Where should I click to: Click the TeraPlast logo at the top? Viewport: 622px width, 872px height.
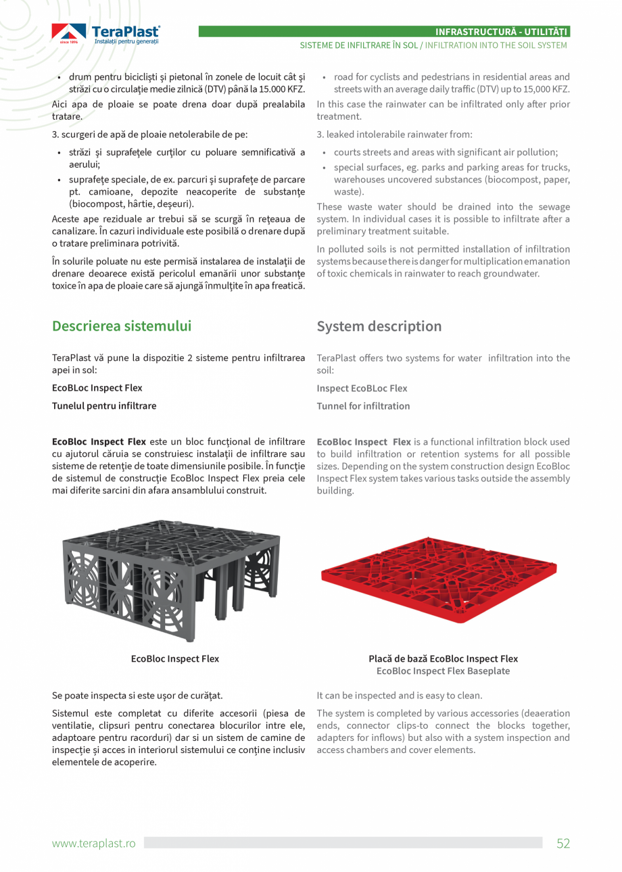105,34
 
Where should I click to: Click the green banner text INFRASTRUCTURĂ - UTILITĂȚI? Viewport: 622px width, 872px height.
501,32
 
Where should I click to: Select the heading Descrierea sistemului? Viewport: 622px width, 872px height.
122,326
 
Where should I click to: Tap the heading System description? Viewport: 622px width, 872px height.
379,326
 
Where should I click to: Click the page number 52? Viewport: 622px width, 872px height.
563,843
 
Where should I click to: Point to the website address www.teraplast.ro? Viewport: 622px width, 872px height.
94,844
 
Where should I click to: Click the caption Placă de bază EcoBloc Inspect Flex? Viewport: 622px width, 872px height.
443,658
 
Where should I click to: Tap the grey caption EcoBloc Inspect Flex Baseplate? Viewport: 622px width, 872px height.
443,671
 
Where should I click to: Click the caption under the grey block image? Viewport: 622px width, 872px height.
175,658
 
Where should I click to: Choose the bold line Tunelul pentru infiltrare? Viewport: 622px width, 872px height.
104,406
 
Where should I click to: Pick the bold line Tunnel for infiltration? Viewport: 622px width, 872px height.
363,406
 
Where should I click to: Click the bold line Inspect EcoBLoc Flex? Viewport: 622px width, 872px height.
362,389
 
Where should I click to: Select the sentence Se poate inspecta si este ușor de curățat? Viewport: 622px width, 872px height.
137,696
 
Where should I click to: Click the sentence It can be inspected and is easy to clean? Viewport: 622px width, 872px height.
399,696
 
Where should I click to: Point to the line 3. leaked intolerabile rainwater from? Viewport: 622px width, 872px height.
394,135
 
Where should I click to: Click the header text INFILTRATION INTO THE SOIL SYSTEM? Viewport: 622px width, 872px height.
496,45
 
